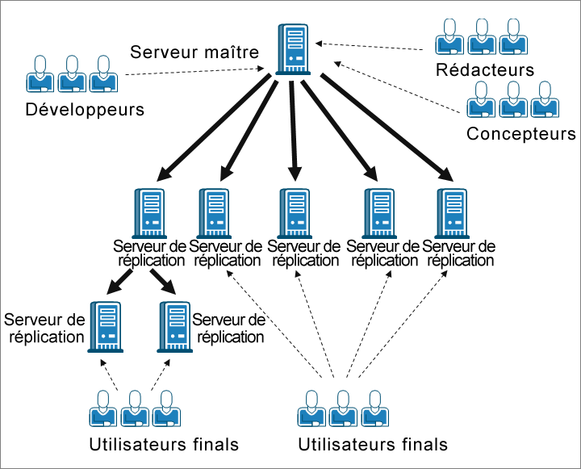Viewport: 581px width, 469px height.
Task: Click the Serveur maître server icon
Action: (x=293, y=48)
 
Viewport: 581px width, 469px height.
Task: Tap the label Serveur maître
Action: (x=194, y=53)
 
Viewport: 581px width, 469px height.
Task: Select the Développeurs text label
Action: (x=85, y=109)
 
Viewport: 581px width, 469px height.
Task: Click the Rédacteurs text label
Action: (x=484, y=69)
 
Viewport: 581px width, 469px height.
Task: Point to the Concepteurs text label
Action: (x=520, y=134)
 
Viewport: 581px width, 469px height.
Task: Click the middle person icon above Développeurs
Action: (x=70, y=74)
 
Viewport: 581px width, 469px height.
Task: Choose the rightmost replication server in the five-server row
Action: (x=449, y=212)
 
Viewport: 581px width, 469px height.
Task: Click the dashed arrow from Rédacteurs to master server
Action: (x=371, y=45)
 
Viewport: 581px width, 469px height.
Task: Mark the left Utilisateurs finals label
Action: (x=165, y=444)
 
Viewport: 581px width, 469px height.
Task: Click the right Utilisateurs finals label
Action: (x=373, y=444)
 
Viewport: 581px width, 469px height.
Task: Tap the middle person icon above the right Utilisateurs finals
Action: (x=342, y=408)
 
